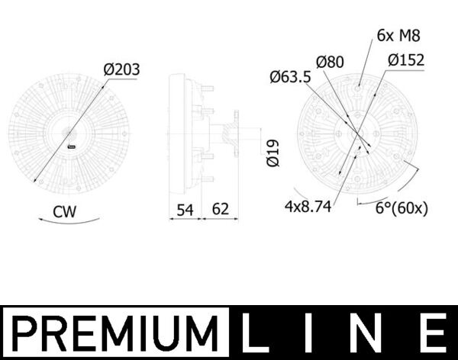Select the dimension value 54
[183, 207]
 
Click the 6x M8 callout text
[398, 35]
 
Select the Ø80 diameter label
[331, 61]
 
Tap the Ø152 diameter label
[405, 60]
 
